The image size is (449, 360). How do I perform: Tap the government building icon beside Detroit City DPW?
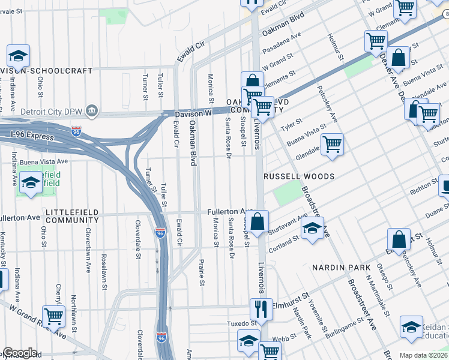(92, 110)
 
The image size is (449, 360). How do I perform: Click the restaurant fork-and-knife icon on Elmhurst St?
(261, 310)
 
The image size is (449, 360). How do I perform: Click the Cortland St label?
(283, 242)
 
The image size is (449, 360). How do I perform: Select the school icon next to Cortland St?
(312, 229)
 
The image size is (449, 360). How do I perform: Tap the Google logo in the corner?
(19, 353)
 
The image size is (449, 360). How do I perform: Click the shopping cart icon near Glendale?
(331, 145)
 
